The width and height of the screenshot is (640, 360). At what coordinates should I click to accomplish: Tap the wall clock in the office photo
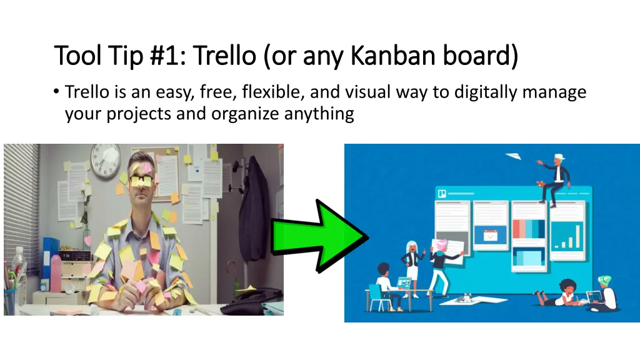click(x=105, y=161)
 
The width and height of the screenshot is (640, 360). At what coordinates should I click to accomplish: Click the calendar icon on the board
click(x=489, y=236)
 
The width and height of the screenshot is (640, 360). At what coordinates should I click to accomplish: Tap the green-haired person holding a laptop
click(x=603, y=294)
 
